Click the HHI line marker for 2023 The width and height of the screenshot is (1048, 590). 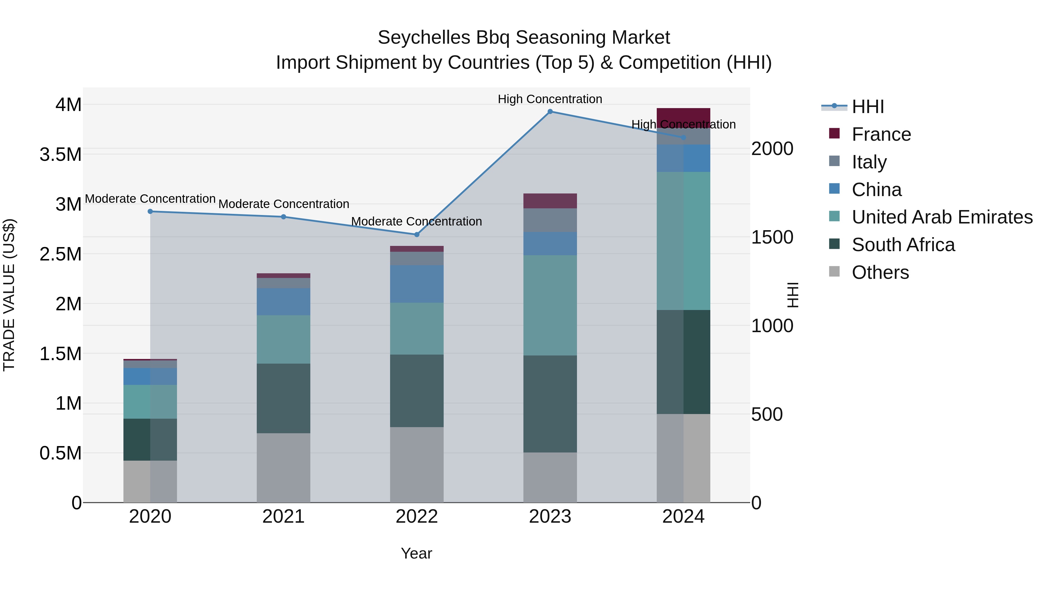pos(550,111)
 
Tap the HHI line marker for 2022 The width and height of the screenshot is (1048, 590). pos(417,235)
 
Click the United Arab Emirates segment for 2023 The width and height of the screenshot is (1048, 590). pos(550,305)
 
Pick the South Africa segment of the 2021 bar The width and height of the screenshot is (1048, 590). pos(284,398)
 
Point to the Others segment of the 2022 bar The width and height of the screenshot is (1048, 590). pos(417,465)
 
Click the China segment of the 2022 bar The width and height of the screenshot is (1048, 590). pos(417,284)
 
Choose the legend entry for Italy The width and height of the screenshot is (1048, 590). pos(869,162)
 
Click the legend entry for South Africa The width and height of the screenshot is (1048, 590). pos(903,245)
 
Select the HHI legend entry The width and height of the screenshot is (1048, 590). pos(868,107)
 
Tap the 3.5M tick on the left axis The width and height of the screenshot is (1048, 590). pos(60,155)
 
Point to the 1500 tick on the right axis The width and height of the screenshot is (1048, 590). pos(772,237)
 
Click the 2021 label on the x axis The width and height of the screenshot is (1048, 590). pos(284,517)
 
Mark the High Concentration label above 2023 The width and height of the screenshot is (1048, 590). pos(550,99)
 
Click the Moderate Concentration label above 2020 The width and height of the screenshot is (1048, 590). pos(150,199)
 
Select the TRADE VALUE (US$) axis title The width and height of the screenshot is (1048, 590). pos(9,295)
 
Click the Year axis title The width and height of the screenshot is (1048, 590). pos(416,553)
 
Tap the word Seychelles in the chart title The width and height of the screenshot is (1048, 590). pos(424,38)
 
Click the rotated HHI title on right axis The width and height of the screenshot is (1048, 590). pos(792,295)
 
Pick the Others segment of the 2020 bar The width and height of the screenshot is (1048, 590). pos(150,481)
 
